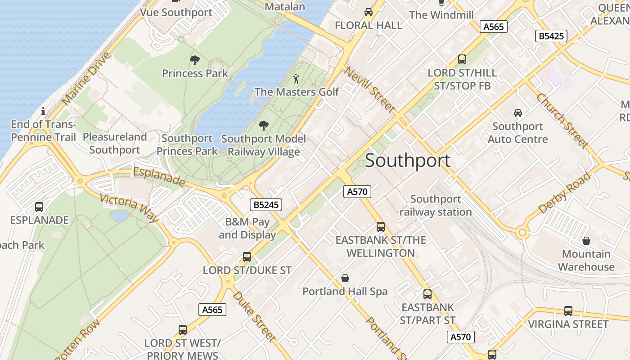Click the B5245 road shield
click(266, 205)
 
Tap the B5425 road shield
click(551, 36)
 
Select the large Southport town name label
click(407, 161)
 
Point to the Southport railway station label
click(435, 205)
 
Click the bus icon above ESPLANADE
click(39, 207)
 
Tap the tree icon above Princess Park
click(194, 60)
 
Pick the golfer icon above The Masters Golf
click(296, 79)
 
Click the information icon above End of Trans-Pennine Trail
click(43, 111)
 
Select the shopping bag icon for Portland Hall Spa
click(345, 278)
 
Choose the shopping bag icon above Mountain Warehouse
click(586, 241)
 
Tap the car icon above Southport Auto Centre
click(517, 113)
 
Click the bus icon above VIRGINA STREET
click(568, 311)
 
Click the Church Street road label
click(562, 120)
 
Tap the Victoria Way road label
click(129, 207)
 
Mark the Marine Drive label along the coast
click(86, 79)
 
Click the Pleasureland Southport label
click(115, 143)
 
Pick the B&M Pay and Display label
click(247, 228)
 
